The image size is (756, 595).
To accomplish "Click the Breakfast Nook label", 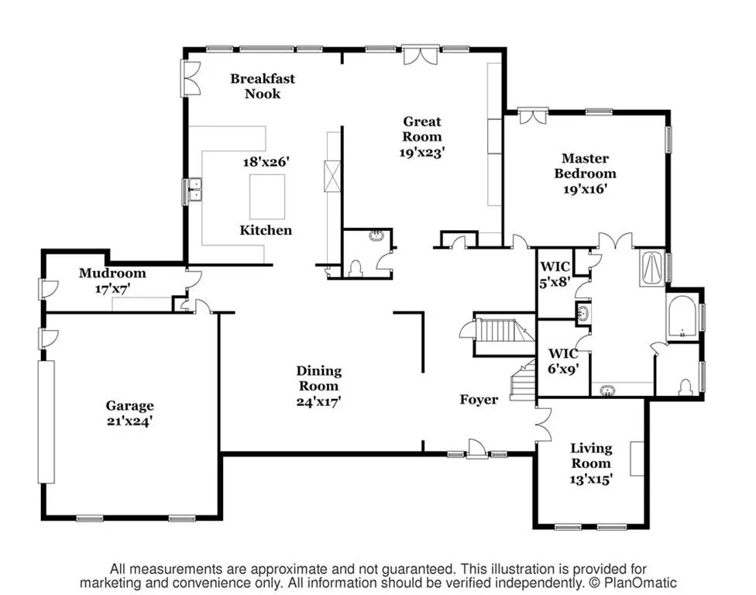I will (262, 86).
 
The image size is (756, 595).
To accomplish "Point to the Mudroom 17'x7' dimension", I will (112, 289).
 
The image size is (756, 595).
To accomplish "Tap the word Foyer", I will (478, 400).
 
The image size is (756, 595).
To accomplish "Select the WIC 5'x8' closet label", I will (555, 275).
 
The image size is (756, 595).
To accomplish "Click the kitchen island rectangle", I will (266, 197).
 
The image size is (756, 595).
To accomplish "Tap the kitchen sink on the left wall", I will (193, 191).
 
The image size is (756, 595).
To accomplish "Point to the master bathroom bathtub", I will (682, 317).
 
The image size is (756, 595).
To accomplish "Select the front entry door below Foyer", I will (476, 449).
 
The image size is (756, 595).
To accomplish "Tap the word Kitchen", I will (266, 230).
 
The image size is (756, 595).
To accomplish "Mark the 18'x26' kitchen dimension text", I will (265, 163).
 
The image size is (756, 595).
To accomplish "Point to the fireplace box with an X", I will (332, 174).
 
